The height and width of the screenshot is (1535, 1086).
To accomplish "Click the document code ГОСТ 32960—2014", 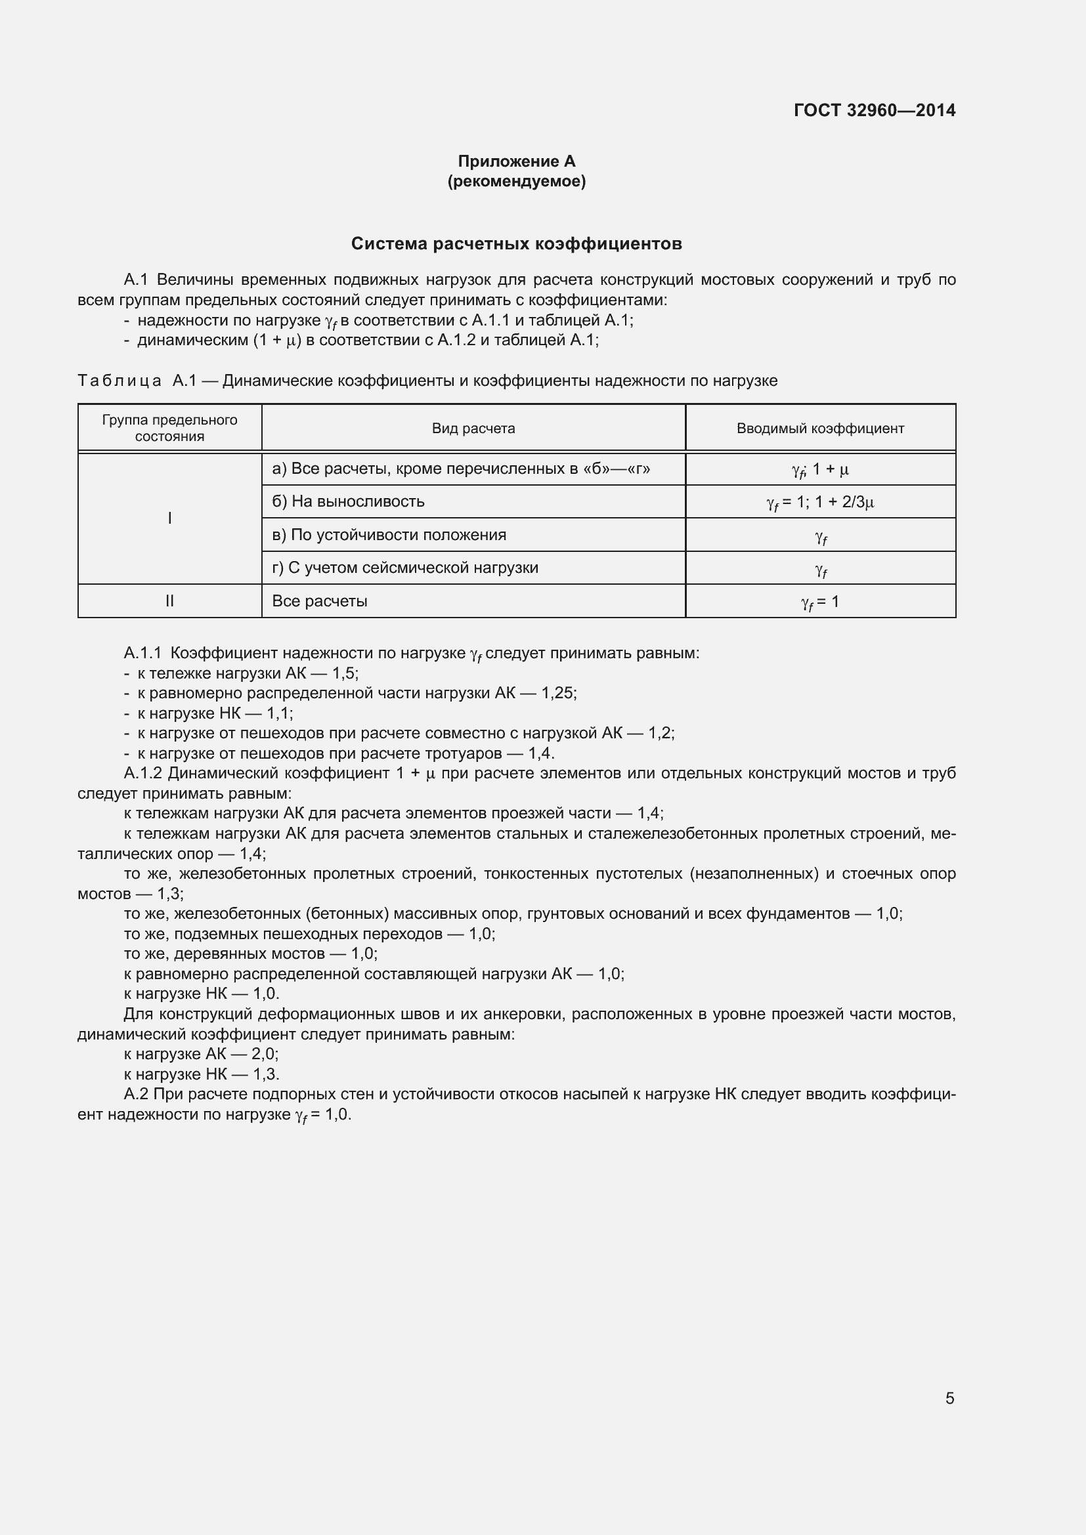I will click(x=874, y=110).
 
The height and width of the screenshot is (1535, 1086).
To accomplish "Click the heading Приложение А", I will click(x=516, y=161).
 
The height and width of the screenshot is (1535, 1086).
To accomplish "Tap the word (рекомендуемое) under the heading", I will click(x=516, y=181).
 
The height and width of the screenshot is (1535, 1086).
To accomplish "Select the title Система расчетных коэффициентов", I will click(x=516, y=244).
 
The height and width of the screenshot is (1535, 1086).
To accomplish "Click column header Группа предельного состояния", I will click(x=169, y=428).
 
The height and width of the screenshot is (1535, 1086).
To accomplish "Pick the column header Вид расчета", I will click(x=473, y=429).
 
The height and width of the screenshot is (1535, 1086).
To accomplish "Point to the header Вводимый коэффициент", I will click(x=820, y=429).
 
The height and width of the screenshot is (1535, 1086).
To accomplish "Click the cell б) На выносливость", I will click(x=348, y=501).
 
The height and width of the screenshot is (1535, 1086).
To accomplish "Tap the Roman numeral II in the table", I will click(x=169, y=601).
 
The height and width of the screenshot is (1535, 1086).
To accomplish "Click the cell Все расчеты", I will click(x=320, y=601).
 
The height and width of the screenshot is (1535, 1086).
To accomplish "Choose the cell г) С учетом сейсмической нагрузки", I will click(x=404, y=568).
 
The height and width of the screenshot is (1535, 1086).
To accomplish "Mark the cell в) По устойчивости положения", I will click(x=389, y=535).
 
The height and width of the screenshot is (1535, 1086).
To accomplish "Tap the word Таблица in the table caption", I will click(x=119, y=381).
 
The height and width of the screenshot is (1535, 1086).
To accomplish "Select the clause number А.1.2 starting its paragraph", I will click(x=142, y=774).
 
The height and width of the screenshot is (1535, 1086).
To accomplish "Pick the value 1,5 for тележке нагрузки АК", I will click(x=345, y=673).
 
